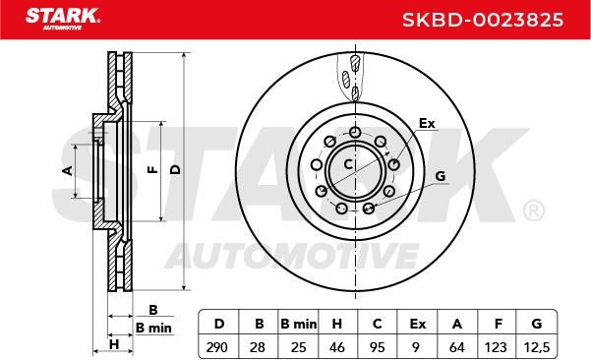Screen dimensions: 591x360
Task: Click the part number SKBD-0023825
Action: [483, 20]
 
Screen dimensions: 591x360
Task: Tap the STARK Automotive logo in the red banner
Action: [63, 19]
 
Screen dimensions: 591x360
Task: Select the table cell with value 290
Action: [217, 347]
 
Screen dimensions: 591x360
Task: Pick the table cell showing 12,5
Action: [537, 347]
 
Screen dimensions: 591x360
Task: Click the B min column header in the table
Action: [299, 324]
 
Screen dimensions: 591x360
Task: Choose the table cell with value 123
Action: [496, 347]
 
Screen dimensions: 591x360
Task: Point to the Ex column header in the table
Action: [417, 324]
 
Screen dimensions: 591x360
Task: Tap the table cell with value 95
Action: [378, 347]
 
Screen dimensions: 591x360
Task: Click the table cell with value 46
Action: [337, 347]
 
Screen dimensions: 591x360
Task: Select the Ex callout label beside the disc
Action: [427, 123]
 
